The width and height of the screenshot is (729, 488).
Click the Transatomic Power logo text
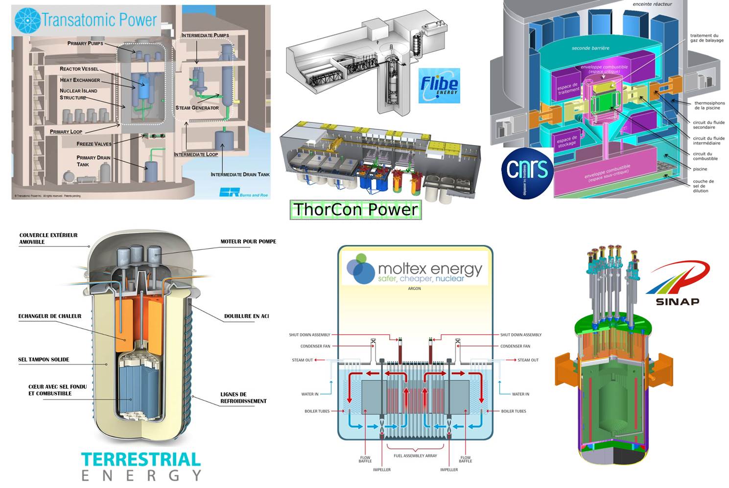(98, 20)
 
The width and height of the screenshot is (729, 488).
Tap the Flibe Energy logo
(439, 86)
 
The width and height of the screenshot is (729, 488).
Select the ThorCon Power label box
(356, 209)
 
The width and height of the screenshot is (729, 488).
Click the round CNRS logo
(527, 172)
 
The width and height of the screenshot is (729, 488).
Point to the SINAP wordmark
(677, 301)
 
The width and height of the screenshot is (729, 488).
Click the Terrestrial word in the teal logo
(141, 460)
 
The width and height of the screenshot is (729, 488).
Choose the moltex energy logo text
(429, 269)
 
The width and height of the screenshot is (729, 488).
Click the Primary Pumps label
(85, 44)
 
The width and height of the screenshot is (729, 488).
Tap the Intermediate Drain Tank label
(240, 174)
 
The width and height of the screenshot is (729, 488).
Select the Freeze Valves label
(94, 144)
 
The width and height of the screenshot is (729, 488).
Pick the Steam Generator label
(197, 108)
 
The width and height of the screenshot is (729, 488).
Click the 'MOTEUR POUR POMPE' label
(248, 242)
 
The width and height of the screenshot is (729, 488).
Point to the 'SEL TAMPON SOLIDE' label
(44, 360)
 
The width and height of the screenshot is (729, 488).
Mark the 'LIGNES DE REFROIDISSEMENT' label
(243, 398)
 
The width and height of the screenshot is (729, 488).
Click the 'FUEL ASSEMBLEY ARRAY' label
(415, 456)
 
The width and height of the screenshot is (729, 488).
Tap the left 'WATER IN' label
(310, 394)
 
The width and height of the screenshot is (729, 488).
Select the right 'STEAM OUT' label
(528, 360)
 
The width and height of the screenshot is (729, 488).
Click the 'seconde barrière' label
(590, 48)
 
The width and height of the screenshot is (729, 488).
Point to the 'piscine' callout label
(700, 169)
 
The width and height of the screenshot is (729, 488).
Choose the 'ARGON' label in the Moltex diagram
(414, 289)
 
